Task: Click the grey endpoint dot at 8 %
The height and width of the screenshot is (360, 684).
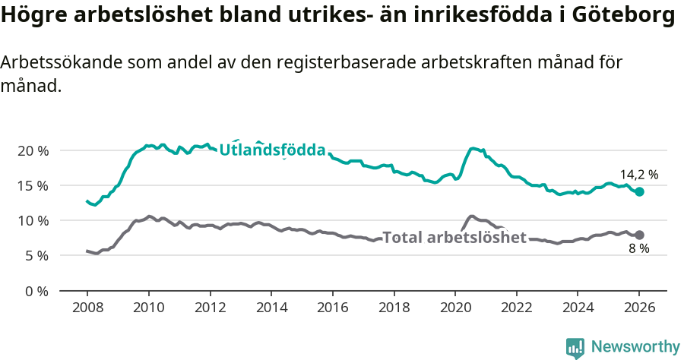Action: coord(639,235)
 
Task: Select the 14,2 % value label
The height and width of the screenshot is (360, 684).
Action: coord(638,175)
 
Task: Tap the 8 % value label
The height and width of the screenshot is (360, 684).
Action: coord(638,249)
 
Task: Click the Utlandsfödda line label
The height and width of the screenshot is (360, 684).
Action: coord(272,150)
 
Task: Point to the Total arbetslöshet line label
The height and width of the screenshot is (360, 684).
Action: coord(454,238)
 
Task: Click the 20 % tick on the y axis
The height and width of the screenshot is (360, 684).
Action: coord(33,150)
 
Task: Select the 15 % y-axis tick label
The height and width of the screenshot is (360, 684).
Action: coord(33,185)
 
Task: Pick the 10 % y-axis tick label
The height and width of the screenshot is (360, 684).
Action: coord(33,220)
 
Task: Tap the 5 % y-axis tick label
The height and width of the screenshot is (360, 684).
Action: coord(36,256)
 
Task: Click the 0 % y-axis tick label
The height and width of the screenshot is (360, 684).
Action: coord(36,291)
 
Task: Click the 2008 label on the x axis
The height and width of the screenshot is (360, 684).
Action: coord(87,310)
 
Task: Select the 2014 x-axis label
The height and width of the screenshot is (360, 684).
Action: coord(271,310)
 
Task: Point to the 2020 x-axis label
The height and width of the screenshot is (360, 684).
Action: coord(454,310)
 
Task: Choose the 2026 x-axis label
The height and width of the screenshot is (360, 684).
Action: coord(638,310)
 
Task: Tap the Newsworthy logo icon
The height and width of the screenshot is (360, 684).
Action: coord(575,348)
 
